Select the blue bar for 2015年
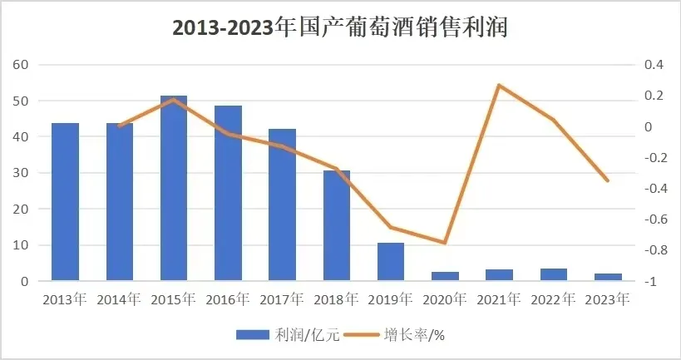(174, 189)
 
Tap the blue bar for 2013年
(65, 202)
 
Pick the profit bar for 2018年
(337, 225)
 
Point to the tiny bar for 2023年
(608, 278)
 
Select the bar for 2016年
(228, 194)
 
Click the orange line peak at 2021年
(499, 85)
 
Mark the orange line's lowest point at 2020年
(445, 243)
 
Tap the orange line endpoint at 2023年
(608, 180)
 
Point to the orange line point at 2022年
(554, 120)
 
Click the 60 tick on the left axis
(22, 65)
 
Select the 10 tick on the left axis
(22, 245)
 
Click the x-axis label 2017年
(283, 298)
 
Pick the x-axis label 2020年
(445, 298)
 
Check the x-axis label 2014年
(120, 298)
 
